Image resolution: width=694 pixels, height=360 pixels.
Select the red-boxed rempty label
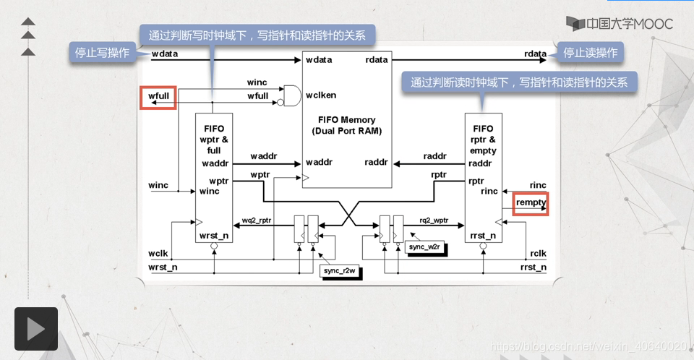tap(531, 204)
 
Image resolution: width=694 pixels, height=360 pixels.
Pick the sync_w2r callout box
tap(424, 247)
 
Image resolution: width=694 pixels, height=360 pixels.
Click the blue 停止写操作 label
tap(103, 52)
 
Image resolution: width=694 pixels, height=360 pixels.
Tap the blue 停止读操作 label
tap(590, 52)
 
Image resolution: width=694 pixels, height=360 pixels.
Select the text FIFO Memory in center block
tap(347, 119)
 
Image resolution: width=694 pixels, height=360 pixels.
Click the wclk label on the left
tap(158, 254)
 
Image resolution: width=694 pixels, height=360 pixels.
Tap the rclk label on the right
tap(538, 254)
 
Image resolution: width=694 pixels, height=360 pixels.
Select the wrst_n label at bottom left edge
tap(163, 267)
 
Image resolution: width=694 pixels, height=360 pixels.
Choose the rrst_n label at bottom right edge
tap(534, 267)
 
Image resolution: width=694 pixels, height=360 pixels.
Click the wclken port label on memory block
tap(321, 95)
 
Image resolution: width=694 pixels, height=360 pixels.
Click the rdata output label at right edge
tap(536, 54)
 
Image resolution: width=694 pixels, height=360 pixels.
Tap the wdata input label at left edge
tap(165, 54)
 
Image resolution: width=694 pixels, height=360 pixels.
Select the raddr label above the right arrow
tap(435, 155)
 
